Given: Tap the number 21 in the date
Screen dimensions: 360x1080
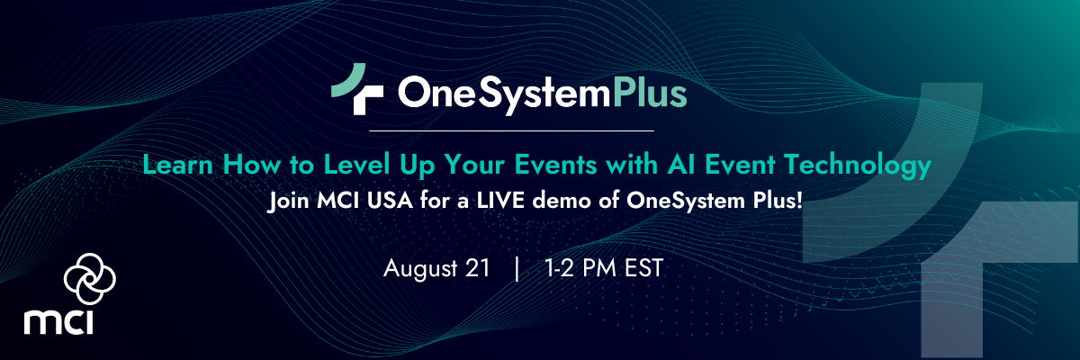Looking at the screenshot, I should [479, 268].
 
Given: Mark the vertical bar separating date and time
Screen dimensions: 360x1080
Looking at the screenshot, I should [517, 268].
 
